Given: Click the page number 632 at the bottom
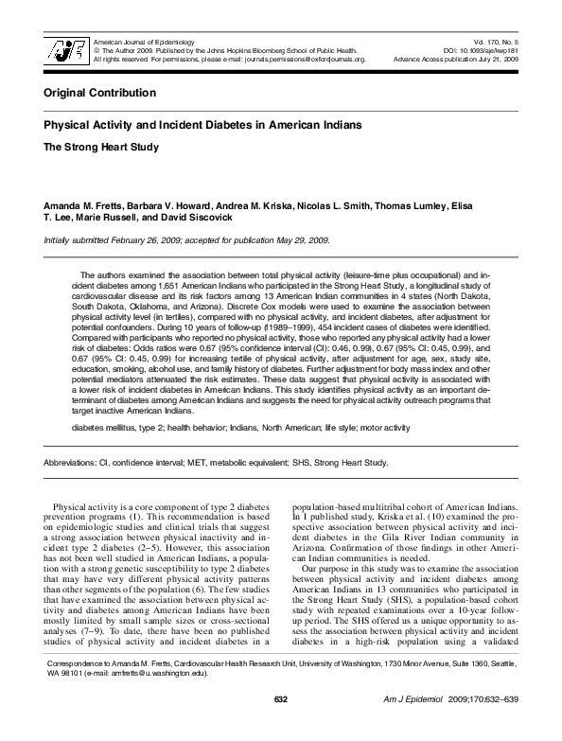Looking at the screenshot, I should [280, 725].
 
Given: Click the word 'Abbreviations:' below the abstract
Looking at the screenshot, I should [69, 463].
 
